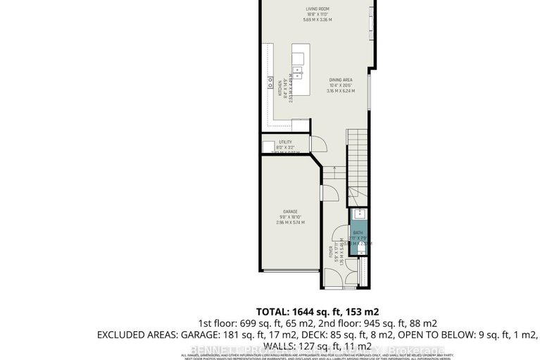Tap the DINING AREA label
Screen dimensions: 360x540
(340, 80)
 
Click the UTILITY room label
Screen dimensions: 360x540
(285, 142)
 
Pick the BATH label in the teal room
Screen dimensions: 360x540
(358, 232)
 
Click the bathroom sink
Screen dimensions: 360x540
(358, 214)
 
